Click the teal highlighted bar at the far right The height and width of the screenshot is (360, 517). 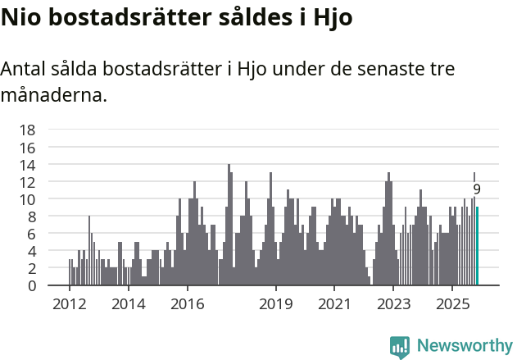point(477,246)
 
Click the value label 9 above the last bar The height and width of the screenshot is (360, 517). point(477,189)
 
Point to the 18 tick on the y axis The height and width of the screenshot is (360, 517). point(27,130)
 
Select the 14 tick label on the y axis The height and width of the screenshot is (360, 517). point(27,164)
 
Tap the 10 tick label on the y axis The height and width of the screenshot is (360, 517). point(27,199)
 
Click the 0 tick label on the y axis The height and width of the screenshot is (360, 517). point(31,285)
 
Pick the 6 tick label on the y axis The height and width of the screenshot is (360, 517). point(31,234)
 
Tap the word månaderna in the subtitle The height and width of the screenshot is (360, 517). point(53,95)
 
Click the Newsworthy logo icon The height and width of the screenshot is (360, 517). point(400,346)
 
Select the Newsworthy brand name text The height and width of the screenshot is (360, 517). point(464,346)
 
